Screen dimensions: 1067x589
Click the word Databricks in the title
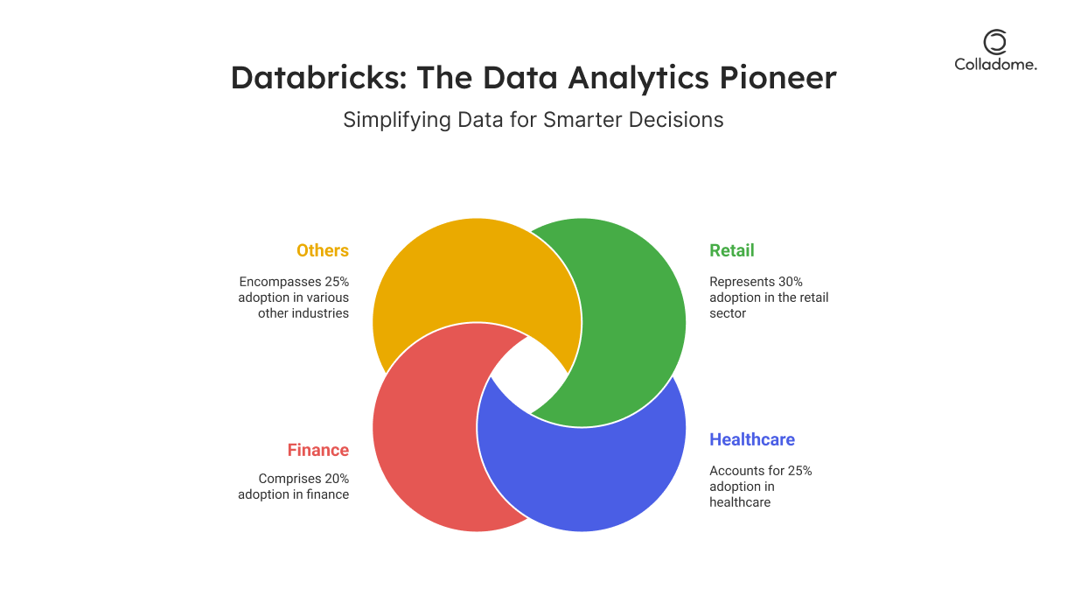[x=319, y=77]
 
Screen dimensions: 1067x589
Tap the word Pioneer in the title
[x=778, y=77]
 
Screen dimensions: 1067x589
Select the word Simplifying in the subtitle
[x=397, y=120]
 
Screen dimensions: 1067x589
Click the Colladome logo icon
[x=995, y=42]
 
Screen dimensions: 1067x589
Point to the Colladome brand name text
[x=995, y=65]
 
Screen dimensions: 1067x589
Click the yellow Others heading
[x=323, y=250]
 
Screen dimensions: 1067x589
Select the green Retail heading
[x=732, y=250]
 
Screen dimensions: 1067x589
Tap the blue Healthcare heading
[x=752, y=439]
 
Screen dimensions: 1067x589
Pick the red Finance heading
[x=318, y=450]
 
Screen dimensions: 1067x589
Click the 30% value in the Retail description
[x=790, y=282]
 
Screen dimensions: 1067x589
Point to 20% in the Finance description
[x=337, y=479]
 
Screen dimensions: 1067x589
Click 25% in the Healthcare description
[x=799, y=471]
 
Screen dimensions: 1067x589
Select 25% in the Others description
[x=337, y=282]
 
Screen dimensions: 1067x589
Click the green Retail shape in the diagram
[x=633, y=324]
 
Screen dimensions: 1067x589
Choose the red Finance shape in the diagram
[x=424, y=429]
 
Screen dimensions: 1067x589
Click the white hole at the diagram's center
[x=529, y=375]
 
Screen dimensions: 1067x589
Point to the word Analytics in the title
[x=638, y=78]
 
